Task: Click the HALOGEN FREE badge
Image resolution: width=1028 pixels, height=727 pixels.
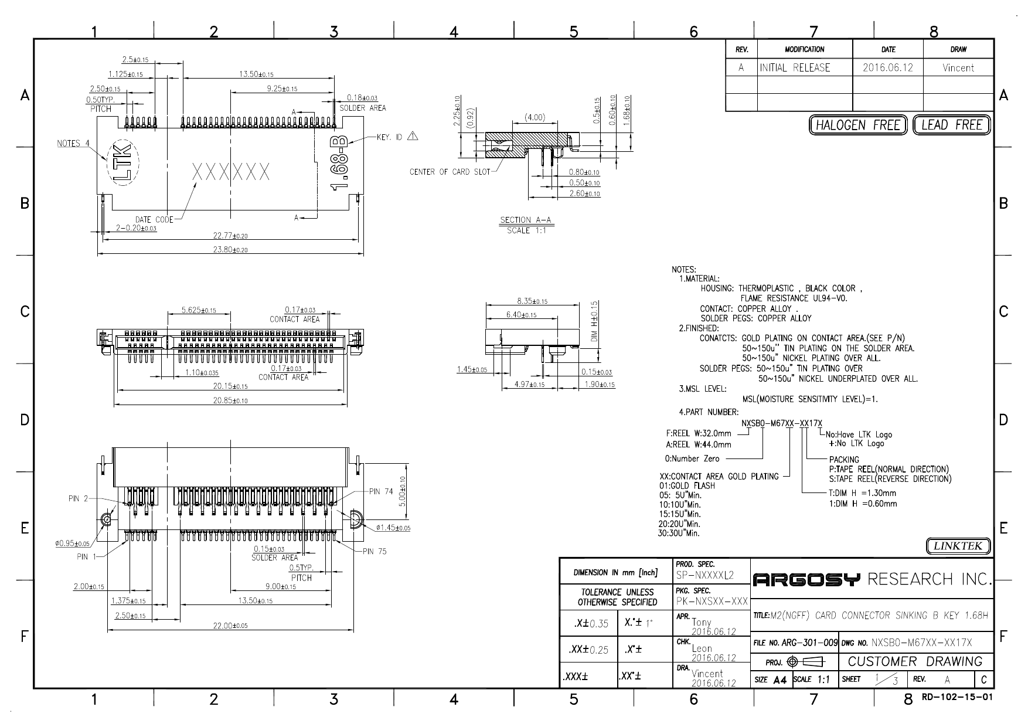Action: (857, 125)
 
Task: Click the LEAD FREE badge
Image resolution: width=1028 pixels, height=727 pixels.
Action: (951, 125)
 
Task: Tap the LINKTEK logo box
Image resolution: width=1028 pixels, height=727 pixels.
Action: (958, 546)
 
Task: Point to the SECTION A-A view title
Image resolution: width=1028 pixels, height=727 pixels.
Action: (526, 220)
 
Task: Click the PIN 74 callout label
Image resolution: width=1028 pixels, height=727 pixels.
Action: (381, 491)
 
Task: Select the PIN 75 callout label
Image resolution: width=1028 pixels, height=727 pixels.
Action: (375, 551)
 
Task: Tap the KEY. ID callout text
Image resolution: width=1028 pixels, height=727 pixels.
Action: (390, 137)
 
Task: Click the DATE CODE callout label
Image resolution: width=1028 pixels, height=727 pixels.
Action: (154, 220)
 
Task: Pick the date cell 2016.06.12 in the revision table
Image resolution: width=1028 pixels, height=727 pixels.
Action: (887, 67)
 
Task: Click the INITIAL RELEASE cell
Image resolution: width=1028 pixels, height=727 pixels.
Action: (795, 67)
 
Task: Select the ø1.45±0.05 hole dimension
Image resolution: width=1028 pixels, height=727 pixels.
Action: (393, 528)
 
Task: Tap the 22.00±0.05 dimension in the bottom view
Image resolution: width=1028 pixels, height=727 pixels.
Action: (230, 626)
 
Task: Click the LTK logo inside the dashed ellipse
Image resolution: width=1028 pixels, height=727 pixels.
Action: (122, 162)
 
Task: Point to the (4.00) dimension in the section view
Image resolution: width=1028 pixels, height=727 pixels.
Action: (535, 117)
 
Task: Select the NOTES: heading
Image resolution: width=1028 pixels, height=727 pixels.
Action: (683, 270)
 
